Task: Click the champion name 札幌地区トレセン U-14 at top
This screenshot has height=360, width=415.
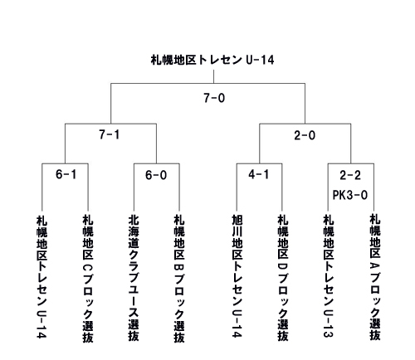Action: click(212, 60)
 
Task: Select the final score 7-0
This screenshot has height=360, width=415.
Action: click(214, 98)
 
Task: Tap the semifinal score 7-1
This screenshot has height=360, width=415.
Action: click(110, 134)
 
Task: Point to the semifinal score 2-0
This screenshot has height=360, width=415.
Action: click(305, 135)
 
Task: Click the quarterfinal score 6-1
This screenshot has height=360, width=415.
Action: click(66, 174)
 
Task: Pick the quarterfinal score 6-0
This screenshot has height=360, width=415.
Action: click(156, 175)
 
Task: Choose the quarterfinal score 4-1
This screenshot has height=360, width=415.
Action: click(259, 174)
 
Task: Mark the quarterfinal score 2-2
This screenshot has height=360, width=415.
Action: click(350, 175)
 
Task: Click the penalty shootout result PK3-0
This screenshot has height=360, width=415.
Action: click(350, 195)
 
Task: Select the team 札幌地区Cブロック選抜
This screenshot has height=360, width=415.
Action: click(88, 279)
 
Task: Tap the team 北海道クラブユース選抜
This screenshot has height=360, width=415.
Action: click(134, 278)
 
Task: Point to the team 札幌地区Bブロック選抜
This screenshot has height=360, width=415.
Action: click(179, 279)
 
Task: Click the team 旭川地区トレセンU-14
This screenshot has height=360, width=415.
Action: click(237, 276)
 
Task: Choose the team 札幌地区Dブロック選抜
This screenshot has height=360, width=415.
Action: click(283, 278)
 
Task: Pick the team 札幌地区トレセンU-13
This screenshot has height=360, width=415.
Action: click(329, 276)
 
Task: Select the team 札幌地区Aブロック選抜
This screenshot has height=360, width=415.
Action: click(375, 277)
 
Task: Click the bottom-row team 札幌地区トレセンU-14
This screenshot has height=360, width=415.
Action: click(41, 277)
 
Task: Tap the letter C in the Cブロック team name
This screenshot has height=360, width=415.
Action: click(88, 268)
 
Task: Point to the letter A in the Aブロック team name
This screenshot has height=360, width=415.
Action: click(375, 266)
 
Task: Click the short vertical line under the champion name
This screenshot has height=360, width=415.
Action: click(213, 76)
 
